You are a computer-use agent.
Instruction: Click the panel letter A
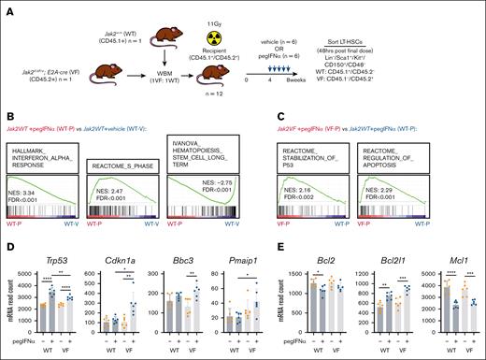[7, 7]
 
